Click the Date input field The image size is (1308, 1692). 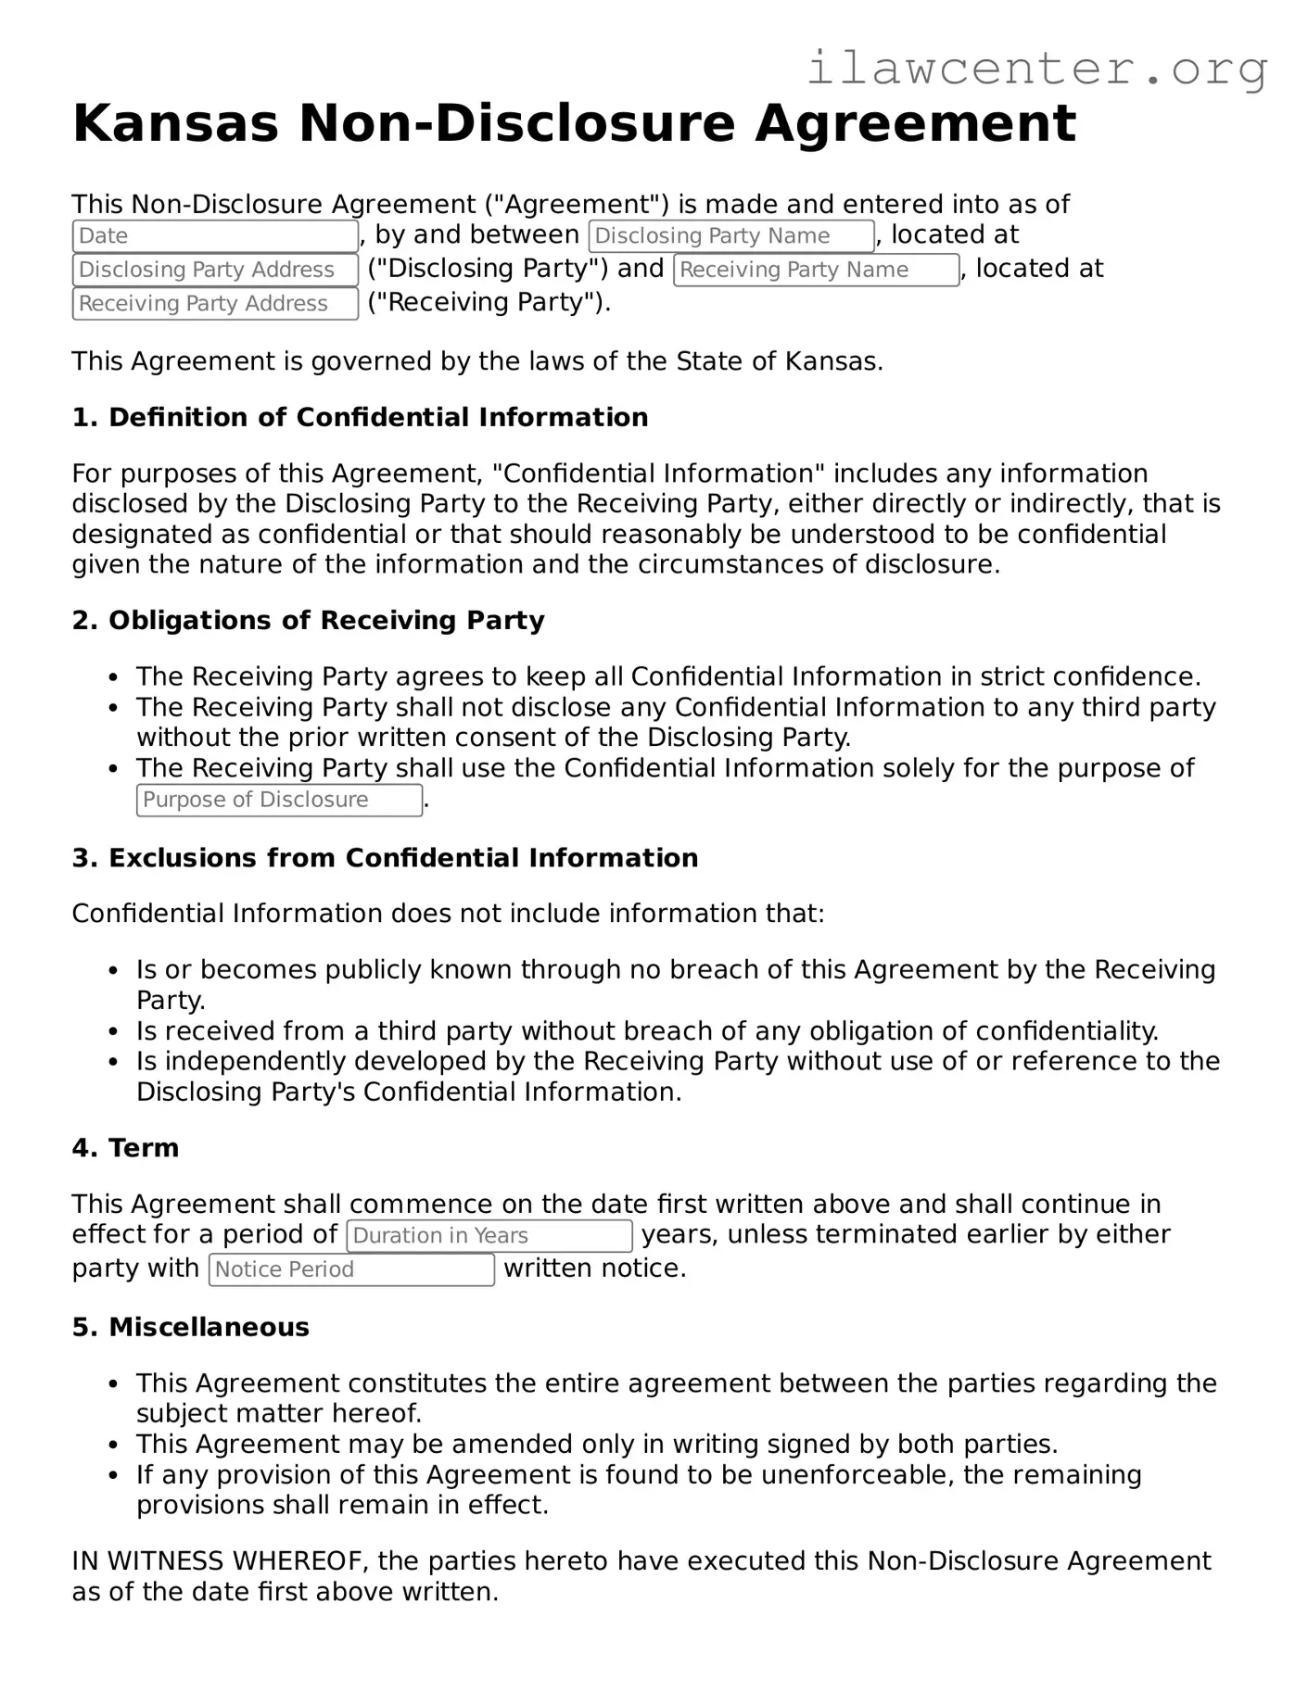pyautogui.click(x=215, y=236)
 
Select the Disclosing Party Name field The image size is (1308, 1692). pyautogui.click(x=731, y=236)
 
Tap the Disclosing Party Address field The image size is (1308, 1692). pyautogui.click(x=215, y=270)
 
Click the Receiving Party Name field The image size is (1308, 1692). pyautogui.click(x=816, y=270)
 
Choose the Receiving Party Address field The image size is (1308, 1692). pyautogui.click(x=215, y=304)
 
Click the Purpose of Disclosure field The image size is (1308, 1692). pyautogui.click(x=279, y=800)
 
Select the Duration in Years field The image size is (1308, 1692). pyautogui.click(x=489, y=1236)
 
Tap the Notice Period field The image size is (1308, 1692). pyautogui.click(x=352, y=1269)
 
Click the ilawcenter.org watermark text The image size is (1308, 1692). pyautogui.click(x=1036, y=69)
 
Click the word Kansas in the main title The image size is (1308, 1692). pyautogui.click(x=175, y=123)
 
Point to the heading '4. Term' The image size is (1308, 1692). pyautogui.click(x=125, y=1148)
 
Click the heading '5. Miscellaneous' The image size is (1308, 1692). pyautogui.click(x=190, y=1327)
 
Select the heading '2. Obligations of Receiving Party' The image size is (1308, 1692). pyautogui.click(x=308, y=621)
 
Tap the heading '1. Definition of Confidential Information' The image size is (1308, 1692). pyautogui.click(x=360, y=418)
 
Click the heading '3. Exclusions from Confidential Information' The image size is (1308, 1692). pyautogui.click(x=385, y=858)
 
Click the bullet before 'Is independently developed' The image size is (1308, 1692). pyautogui.click(x=113, y=1062)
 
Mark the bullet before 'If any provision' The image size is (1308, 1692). pyautogui.click(x=113, y=1475)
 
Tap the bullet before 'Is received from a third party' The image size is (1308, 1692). pyautogui.click(x=113, y=1031)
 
